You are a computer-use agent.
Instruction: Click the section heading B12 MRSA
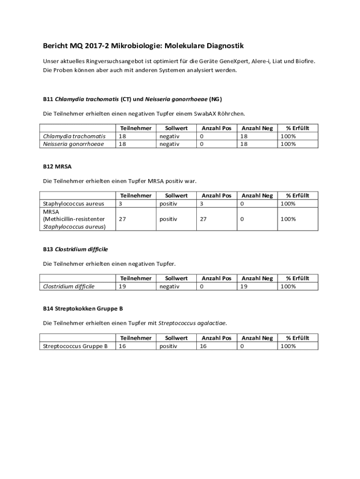57,167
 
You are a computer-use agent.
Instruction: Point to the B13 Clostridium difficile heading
75,249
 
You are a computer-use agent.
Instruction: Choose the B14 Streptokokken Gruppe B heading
83,309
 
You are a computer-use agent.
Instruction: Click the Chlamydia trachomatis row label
74,136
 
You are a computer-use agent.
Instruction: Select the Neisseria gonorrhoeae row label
73,144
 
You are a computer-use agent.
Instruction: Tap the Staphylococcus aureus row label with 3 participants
73,203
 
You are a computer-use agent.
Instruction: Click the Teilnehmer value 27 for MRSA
122,219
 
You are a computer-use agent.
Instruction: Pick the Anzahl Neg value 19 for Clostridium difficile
244,286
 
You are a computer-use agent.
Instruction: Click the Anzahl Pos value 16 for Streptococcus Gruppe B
203,346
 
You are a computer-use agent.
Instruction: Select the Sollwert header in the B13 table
176,278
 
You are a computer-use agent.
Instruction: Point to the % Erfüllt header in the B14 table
298,338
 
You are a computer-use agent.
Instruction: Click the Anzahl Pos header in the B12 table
216,196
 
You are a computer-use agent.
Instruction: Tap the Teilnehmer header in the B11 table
136,128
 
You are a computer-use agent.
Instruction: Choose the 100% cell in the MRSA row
288,219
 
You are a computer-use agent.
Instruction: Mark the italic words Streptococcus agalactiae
192,323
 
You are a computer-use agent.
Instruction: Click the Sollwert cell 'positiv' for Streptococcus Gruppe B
168,346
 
